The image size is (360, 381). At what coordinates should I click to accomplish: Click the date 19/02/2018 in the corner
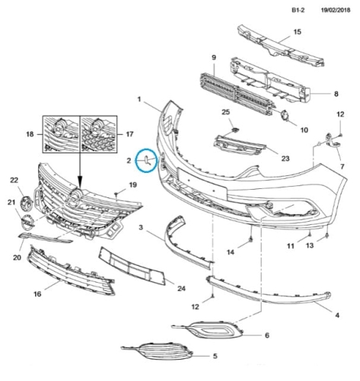(x=336, y=10)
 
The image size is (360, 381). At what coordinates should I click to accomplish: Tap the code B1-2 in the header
(x=298, y=10)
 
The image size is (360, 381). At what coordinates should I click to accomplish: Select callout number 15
(x=298, y=32)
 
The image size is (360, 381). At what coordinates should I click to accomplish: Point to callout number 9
(x=214, y=57)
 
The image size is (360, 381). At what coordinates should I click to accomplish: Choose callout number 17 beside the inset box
(x=129, y=134)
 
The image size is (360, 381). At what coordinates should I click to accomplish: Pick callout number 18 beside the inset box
(x=30, y=134)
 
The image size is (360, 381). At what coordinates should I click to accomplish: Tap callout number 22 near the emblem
(x=14, y=180)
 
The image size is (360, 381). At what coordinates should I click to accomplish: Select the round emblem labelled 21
(x=27, y=221)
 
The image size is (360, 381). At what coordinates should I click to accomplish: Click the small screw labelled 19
(x=116, y=194)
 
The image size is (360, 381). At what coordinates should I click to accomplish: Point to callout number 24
(x=181, y=289)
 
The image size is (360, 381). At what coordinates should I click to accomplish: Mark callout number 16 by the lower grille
(x=37, y=294)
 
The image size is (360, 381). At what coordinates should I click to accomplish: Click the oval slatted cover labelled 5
(x=158, y=351)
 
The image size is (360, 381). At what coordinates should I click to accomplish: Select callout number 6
(x=267, y=335)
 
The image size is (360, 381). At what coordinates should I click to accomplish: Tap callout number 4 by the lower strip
(x=337, y=315)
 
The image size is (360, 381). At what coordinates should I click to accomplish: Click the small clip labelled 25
(x=235, y=130)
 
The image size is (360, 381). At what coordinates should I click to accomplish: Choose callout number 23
(x=285, y=158)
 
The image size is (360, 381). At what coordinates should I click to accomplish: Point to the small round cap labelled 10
(x=285, y=116)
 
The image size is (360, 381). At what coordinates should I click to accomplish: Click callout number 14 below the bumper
(x=231, y=252)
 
